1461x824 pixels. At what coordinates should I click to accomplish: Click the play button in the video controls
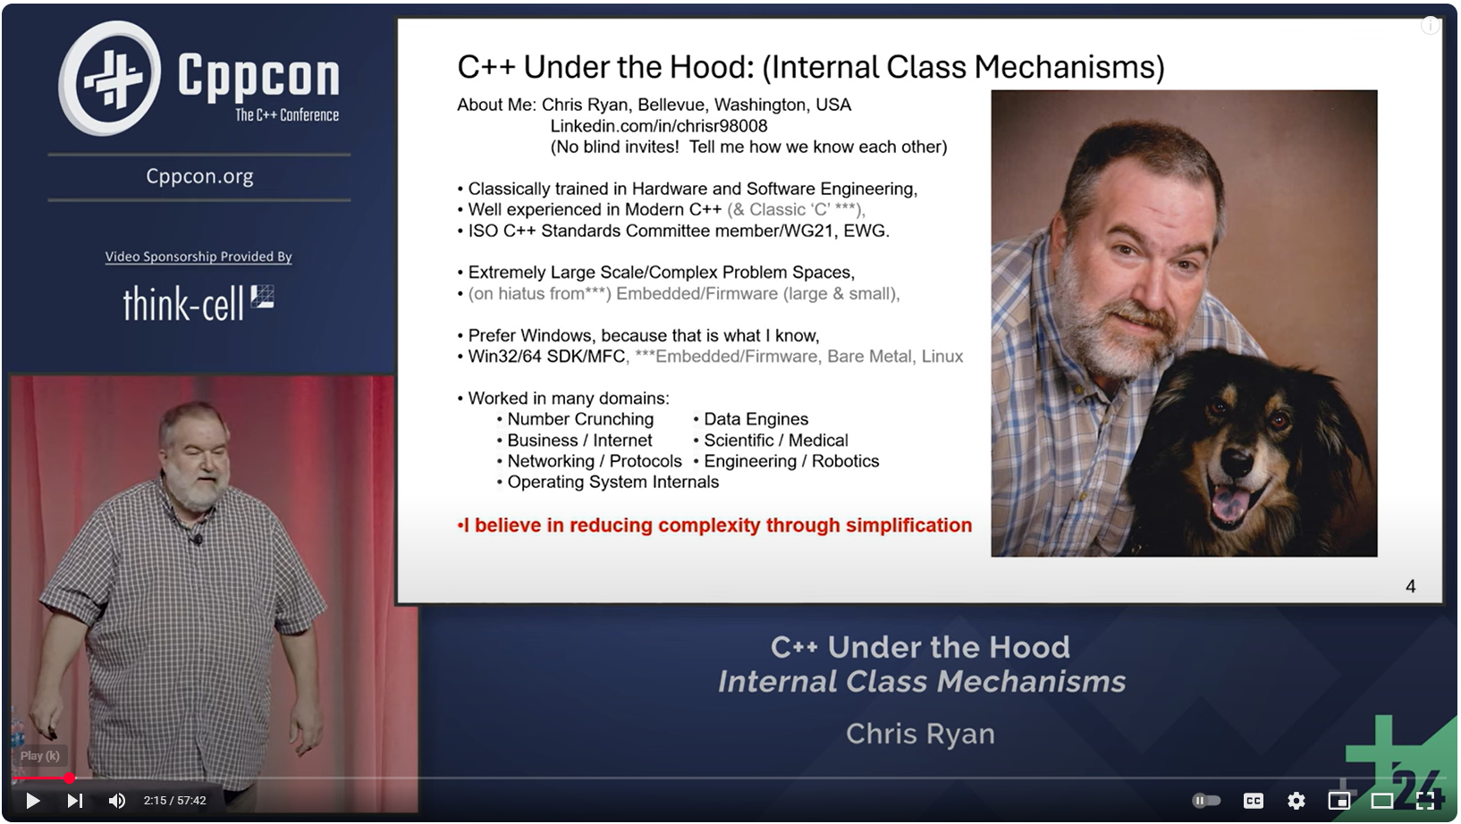coord(32,801)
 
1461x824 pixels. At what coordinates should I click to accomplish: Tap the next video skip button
coord(75,801)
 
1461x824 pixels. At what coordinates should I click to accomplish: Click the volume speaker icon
coord(117,801)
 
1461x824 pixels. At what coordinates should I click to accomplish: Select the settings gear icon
coord(1296,801)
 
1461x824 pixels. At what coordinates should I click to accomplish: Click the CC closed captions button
coord(1254,801)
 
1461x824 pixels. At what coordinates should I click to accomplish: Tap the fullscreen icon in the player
coord(1425,801)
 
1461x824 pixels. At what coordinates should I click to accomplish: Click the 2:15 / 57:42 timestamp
coord(174,801)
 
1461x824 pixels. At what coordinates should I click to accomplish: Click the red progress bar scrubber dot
coord(69,778)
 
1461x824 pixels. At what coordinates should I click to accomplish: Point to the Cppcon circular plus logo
coord(110,78)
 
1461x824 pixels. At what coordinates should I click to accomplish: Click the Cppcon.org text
coord(199,176)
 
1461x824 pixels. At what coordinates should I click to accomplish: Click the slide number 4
coord(1410,586)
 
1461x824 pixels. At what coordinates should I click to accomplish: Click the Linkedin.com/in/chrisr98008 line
coord(658,126)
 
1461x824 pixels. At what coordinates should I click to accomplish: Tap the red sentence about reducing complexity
coord(715,526)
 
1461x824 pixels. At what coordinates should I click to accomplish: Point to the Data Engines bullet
coord(755,419)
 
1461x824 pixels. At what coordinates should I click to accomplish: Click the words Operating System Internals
coord(612,483)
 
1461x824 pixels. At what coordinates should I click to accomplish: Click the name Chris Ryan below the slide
coord(920,734)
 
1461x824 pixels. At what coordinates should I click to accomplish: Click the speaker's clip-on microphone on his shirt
coord(198,539)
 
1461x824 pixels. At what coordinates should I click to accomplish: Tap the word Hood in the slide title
coord(698,67)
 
